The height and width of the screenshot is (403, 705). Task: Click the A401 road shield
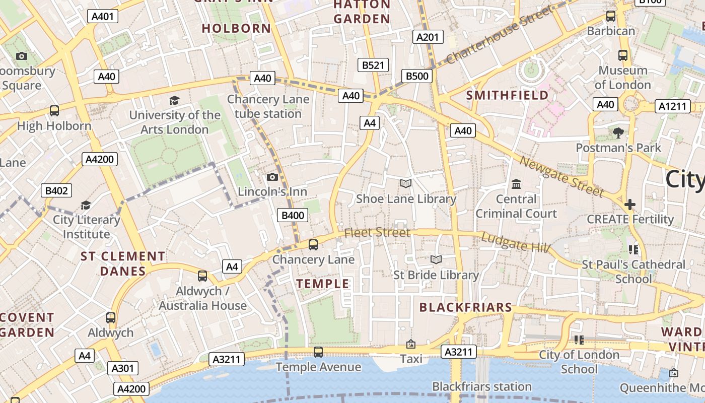click(x=103, y=16)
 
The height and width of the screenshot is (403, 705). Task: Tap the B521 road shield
click(x=373, y=65)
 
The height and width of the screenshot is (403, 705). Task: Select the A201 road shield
click(x=429, y=37)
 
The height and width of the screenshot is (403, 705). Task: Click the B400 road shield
click(x=293, y=216)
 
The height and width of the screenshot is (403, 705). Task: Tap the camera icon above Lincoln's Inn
click(x=272, y=177)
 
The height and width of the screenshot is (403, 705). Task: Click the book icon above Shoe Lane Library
click(x=406, y=184)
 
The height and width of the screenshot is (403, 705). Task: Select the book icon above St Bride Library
click(x=436, y=259)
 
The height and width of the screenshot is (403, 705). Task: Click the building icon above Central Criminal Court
click(x=516, y=184)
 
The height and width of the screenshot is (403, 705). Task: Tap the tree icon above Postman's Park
click(x=618, y=133)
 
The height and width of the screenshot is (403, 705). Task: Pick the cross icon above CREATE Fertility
click(x=629, y=205)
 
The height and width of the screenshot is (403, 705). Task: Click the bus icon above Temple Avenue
click(x=318, y=352)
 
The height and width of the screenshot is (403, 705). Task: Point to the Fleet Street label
click(x=377, y=233)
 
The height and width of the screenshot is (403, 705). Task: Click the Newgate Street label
click(x=561, y=177)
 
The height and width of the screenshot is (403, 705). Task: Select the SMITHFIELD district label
click(x=507, y=95)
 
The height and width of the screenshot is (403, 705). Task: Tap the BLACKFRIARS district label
click(x=465, y=307)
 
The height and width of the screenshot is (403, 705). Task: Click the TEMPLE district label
click(x=323, y=284)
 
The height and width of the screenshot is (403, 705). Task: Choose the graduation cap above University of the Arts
click(x=174, y=100)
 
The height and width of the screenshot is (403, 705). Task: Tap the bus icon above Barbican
click(x=611, y=16)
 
